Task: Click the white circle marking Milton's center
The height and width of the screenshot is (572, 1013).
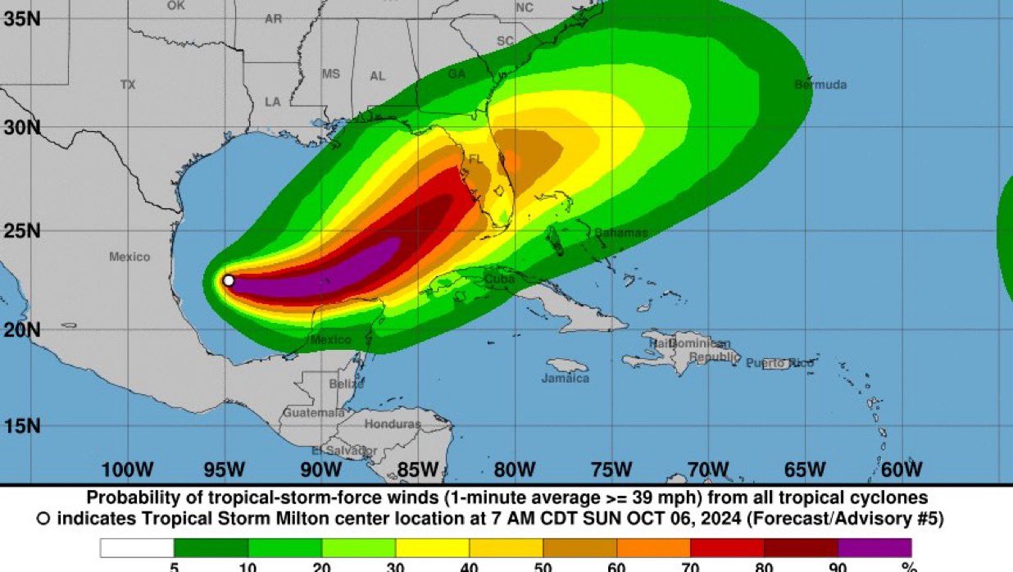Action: (x=229, y=280)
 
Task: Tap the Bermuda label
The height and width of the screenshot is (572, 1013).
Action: (x=820, y=84)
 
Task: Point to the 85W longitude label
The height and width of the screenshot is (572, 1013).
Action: (x=418, y=470)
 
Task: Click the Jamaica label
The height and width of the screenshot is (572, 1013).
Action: (x=565, y=378)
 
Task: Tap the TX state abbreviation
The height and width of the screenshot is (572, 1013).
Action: (x=128, y=84)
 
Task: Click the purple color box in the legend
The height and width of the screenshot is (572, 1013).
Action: (x=874, y=547)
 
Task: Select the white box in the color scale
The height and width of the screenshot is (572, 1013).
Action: (x=137, y=547)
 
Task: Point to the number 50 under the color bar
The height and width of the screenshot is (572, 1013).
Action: (x=543, y=565)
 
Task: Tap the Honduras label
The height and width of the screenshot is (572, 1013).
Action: (x=392, y=424)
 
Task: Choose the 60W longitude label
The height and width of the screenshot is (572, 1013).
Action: (x=902, y=470)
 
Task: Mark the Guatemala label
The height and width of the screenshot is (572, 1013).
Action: (x=314, y=413)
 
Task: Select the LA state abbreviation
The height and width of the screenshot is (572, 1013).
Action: (x=272, y=102)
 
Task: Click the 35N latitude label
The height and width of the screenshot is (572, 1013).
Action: (x=22, y=18)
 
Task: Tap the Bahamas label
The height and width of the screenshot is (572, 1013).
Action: (x=620, y=233)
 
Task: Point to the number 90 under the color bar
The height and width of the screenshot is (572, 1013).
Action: (x=838, y=565)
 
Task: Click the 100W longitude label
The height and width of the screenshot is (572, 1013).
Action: (x=127, y=470)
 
